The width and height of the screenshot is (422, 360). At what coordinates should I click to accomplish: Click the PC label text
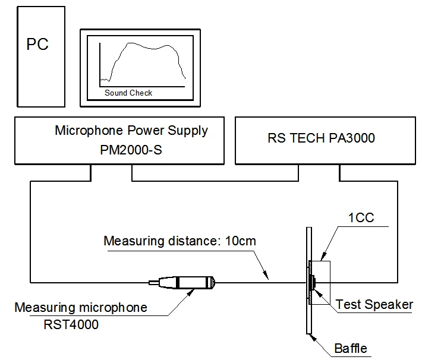(37, 45)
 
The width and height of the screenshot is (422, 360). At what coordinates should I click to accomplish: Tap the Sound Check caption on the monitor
(128, 93)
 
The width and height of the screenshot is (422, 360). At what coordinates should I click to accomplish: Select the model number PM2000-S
(131, 150)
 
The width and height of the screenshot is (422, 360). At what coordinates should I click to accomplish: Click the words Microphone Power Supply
(131, 131)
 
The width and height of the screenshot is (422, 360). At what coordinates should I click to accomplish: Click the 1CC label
(362, 217)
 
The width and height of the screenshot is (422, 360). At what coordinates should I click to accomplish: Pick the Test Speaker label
(374, 305)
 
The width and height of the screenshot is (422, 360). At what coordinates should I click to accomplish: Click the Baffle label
(351, 348)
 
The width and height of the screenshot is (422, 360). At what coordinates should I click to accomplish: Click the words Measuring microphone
(80, 308)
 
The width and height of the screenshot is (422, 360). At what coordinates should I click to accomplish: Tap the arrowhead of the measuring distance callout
(267, 276)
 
